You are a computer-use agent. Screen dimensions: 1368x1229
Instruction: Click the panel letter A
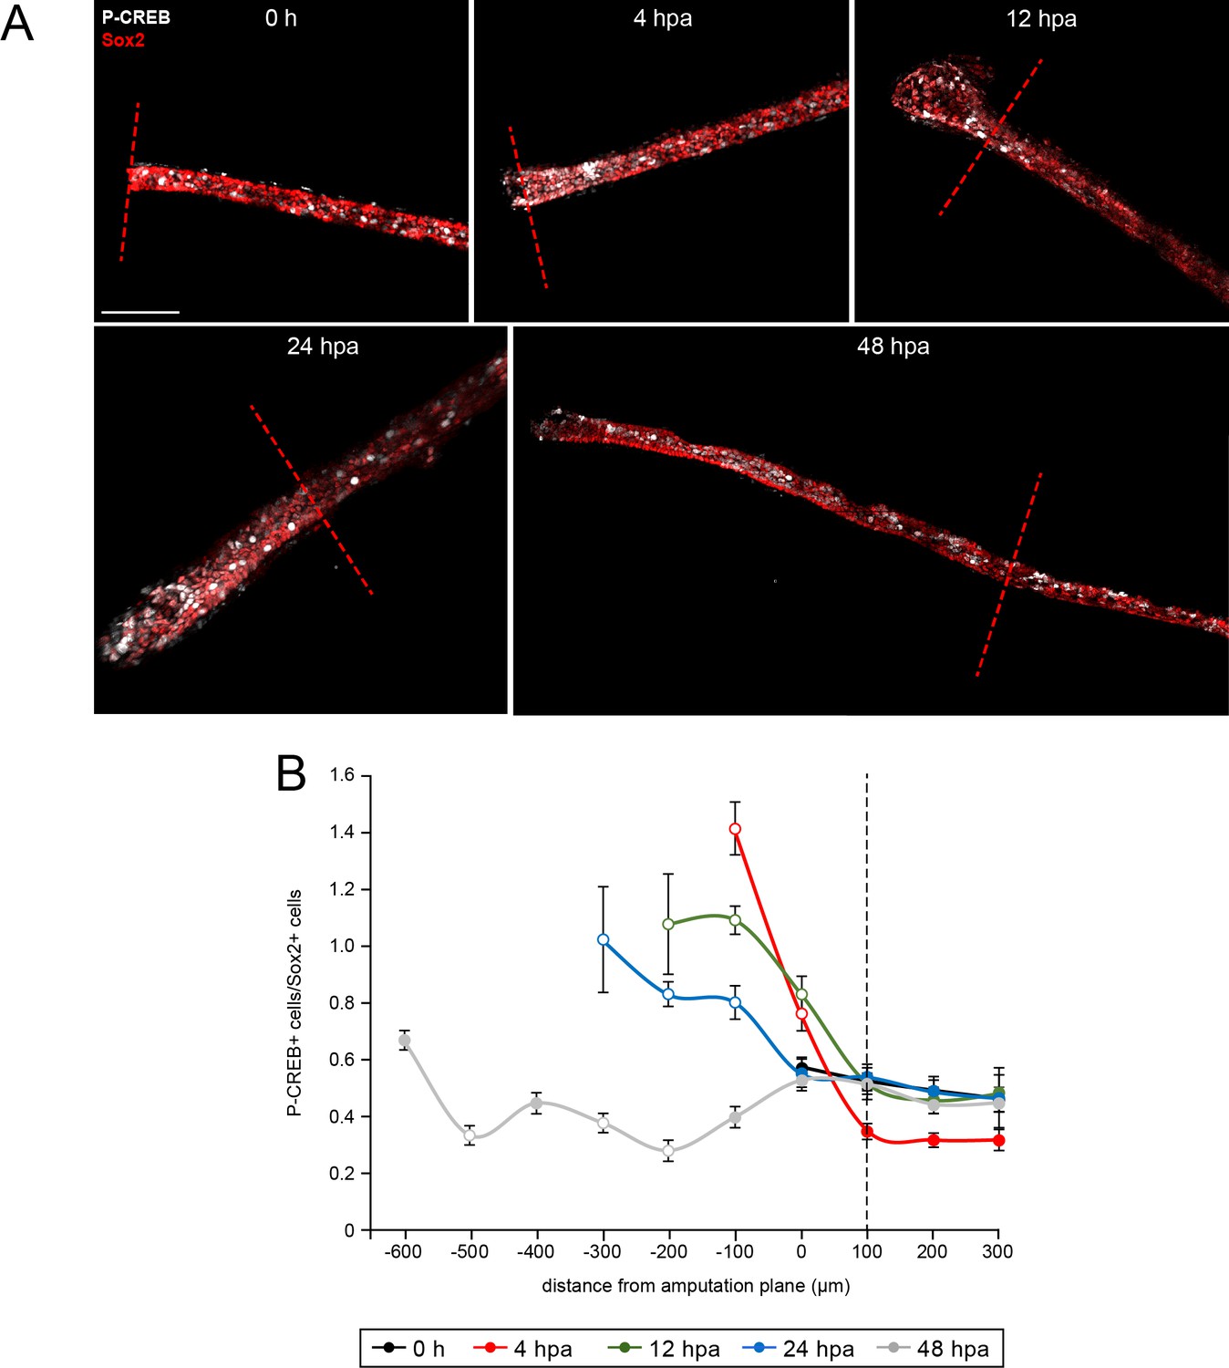(17, 24)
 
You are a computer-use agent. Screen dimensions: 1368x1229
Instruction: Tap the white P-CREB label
(136, 17)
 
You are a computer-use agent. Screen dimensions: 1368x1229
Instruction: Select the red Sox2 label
(123, 40)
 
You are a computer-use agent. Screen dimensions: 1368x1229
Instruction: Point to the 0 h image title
(281, 18)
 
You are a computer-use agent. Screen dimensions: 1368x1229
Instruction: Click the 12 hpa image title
(1041, 19)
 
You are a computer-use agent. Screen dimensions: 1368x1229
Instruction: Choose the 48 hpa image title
(893, 347)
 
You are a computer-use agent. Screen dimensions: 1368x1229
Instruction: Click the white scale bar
(140, 312)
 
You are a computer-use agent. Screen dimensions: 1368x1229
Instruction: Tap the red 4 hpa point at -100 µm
(735, 829)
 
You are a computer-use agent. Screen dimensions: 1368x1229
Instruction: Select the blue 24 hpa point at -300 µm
(603, 939)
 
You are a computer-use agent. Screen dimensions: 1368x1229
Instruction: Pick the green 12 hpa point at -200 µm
(668, 924)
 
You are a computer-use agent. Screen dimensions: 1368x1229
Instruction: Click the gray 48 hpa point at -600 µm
(404, 1041)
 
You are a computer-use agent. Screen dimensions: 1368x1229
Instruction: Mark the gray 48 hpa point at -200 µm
(668, 1151)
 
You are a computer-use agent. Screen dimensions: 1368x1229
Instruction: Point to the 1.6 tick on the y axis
(343, 775)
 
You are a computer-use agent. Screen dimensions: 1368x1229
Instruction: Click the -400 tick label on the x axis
(536, 1252)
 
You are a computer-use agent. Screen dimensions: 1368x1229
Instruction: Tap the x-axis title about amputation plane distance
(696, 1286)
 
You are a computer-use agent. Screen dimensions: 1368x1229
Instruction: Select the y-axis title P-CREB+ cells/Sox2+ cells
(294, 1003)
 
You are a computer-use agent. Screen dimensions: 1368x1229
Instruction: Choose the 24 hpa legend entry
(799, 1349)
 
